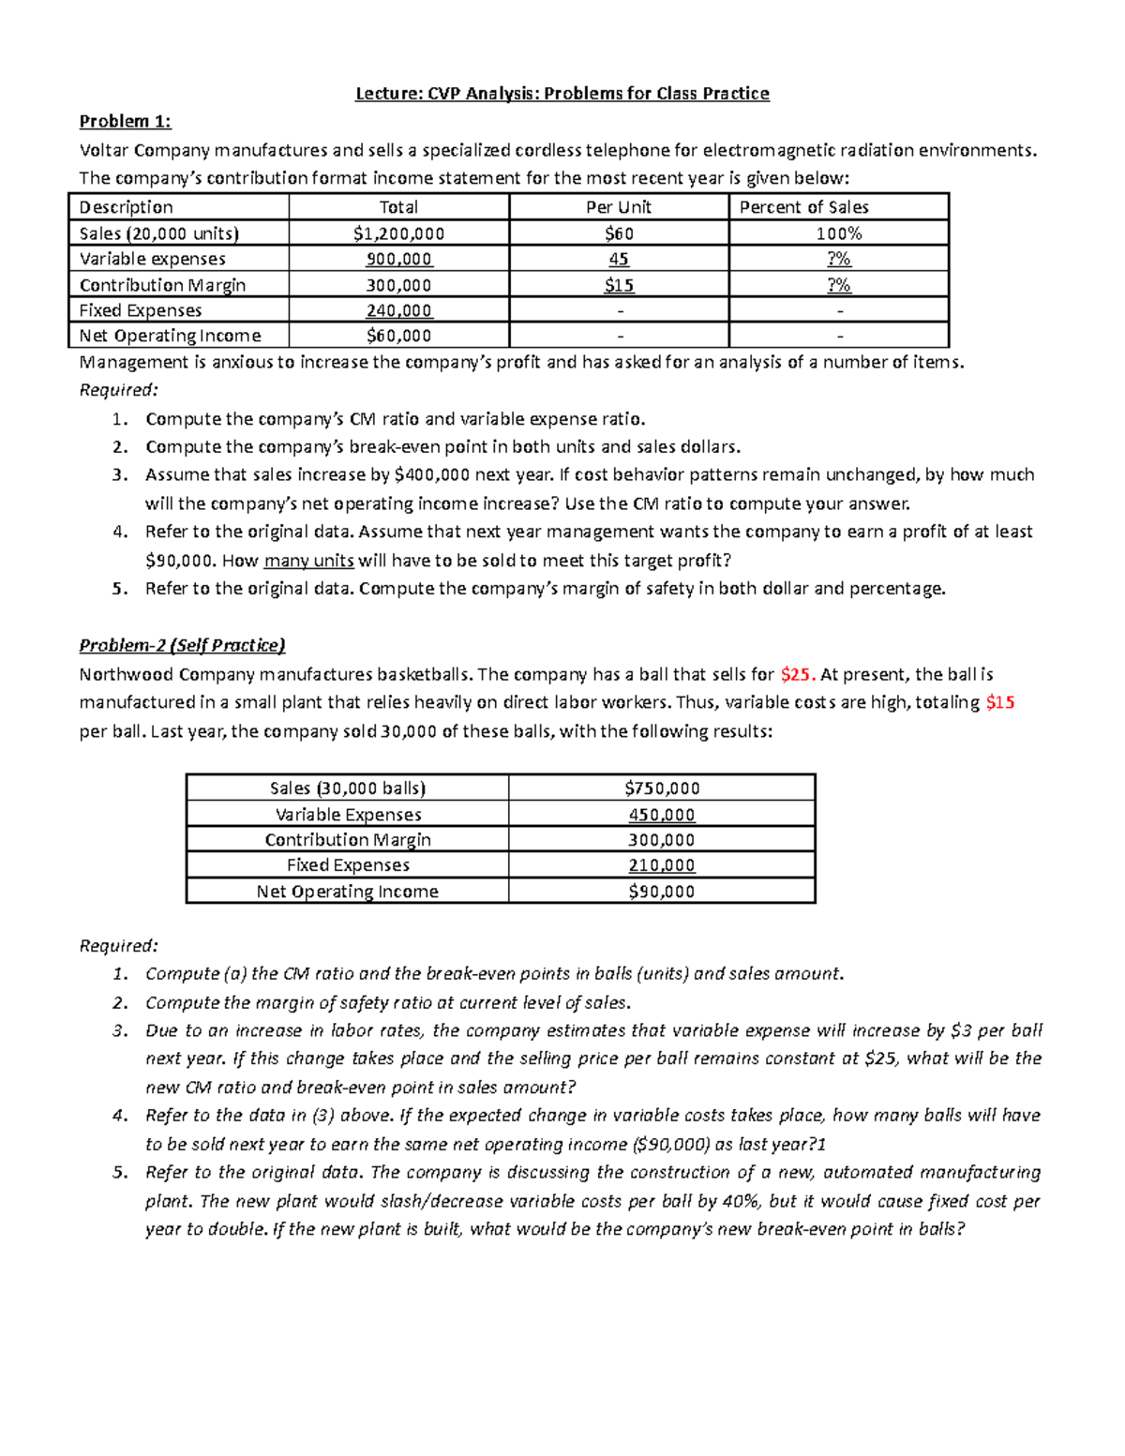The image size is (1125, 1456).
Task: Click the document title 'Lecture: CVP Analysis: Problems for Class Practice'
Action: (562, 93)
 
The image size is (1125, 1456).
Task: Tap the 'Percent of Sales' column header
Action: (803, 207)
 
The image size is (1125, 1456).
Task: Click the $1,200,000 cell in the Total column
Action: (398, 233)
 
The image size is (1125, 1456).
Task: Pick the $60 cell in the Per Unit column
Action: (619, 233)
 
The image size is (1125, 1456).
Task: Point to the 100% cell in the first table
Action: (838, 233)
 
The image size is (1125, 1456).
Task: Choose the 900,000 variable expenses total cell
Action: (398, 259)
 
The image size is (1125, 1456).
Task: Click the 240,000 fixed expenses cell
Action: (398, 310)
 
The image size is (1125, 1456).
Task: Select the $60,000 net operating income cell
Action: (398, 336)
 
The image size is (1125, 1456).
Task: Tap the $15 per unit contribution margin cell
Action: (619, 285)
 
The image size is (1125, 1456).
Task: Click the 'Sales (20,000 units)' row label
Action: (159, 233)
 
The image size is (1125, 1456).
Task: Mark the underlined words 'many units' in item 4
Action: (308, 561)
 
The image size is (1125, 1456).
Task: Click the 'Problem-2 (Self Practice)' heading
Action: (182, 645)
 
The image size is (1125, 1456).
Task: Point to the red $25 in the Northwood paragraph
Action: (798, 674)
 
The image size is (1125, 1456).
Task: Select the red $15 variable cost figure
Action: (999, 702)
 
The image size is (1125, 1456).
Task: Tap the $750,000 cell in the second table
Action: (661, 788)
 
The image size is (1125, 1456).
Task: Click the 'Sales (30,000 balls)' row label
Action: (347, 788)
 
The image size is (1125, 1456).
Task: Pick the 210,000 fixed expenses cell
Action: (661, 865)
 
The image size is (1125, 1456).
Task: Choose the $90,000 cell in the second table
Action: (661, 892)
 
